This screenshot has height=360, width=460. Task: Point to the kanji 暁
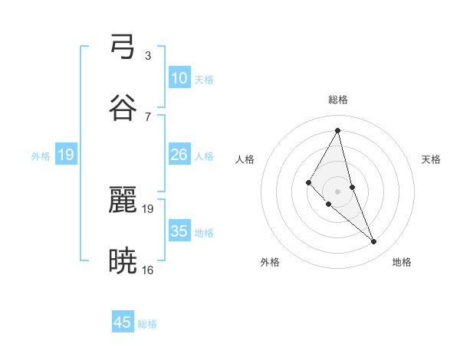[x=123, y=260]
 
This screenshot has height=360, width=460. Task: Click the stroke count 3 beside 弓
[x=147, y=56]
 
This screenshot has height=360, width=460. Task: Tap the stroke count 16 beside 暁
[x=147, y=270]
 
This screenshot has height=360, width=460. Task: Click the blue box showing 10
[x=179, y=78]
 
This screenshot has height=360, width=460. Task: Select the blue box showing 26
[x=179, y=155]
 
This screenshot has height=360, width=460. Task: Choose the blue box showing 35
[x=179, y=231]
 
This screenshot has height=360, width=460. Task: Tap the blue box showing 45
[x=123, y=322]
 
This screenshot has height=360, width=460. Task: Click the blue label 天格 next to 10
[x=204, y=80]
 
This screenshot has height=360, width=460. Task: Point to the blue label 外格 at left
[x=41, y=156]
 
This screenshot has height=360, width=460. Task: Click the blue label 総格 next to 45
[x=147, y=324]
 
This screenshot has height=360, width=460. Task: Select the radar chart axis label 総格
[x=338, y=100]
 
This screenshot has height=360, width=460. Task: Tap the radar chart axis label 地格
[x=402, y=262]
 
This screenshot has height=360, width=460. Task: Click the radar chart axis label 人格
[x=245, y=159]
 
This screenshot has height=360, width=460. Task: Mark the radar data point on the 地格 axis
[x=374, y=242]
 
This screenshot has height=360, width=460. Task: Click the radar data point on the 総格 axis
[x=338, y=130]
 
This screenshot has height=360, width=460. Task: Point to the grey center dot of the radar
[x=338, y=191]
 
